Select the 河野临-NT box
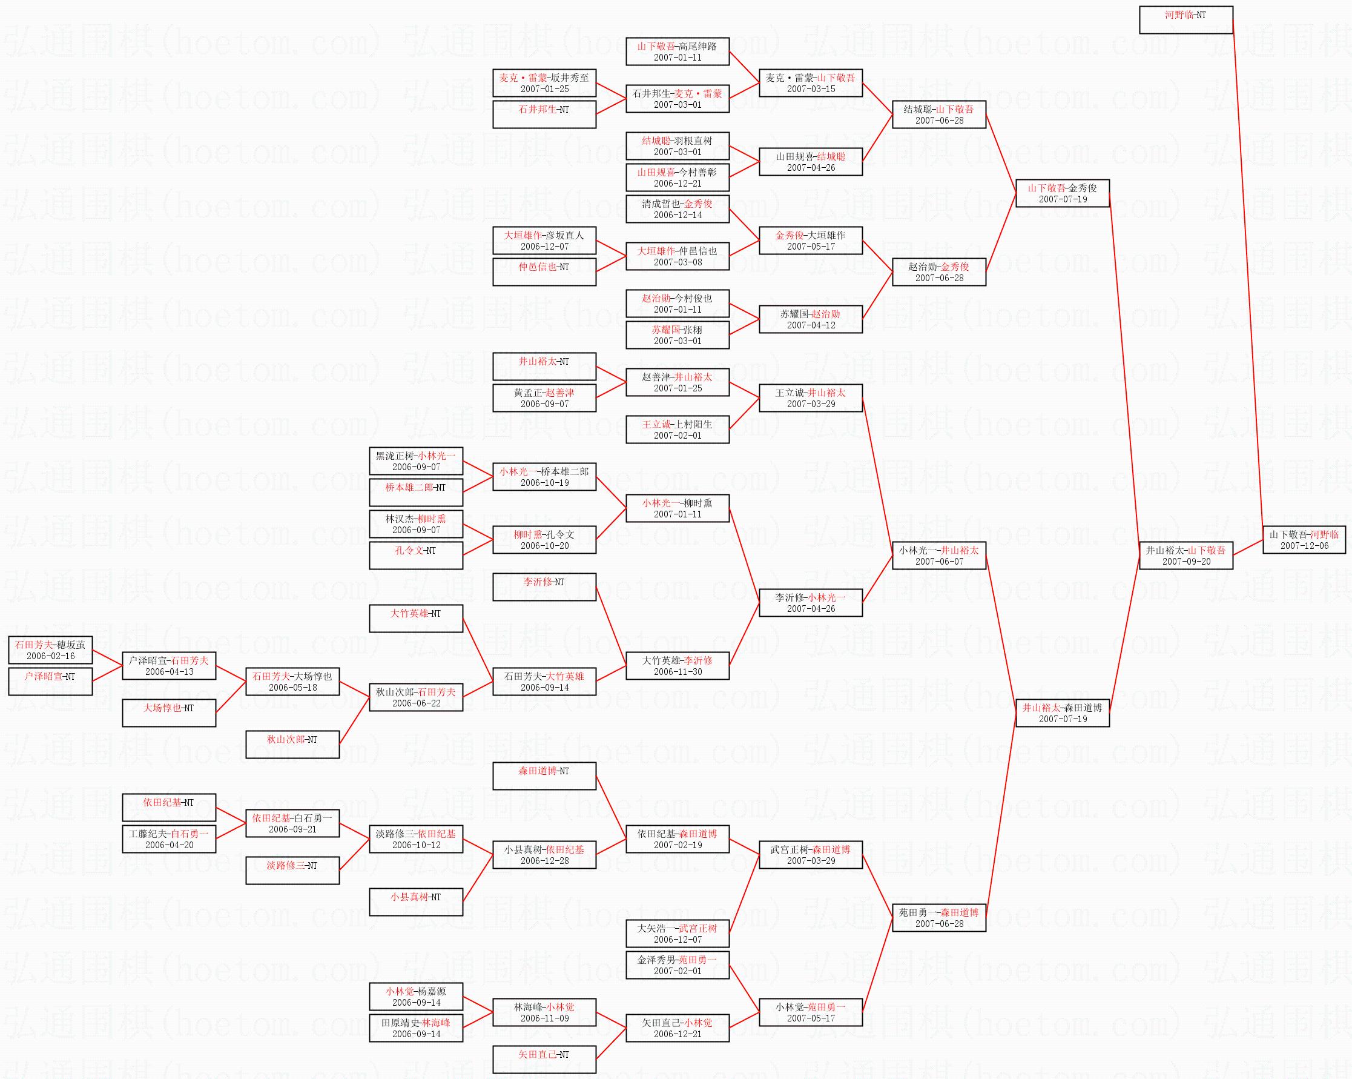1185,19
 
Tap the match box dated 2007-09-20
1185,556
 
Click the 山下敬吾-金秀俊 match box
1062,193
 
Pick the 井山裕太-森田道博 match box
1062,713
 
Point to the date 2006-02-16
50,656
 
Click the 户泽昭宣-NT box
50,682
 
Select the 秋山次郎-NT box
292,745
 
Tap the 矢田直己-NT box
544,1060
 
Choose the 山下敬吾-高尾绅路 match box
678,51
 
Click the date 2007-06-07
938,562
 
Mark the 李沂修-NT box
544,587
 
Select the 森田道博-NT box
544,776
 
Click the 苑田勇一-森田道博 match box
938,918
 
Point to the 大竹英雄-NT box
416,619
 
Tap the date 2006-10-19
544,483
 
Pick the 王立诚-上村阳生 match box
678,430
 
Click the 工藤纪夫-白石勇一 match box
169,839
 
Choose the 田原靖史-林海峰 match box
416,1028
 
